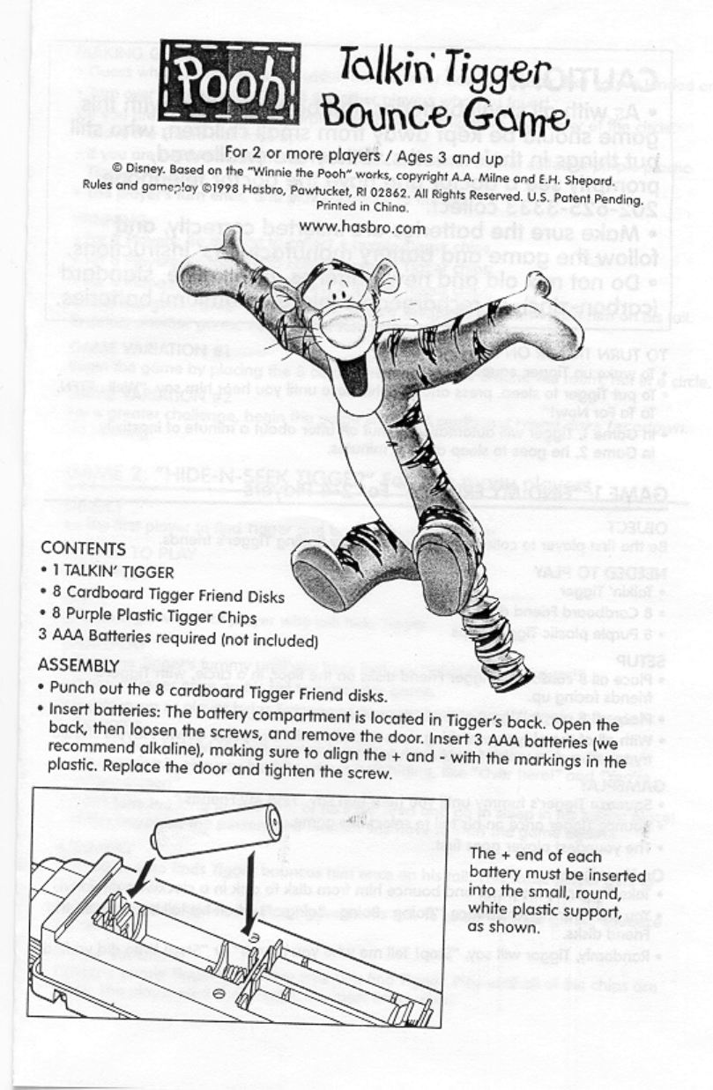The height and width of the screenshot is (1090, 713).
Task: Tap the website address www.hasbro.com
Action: [x=362, y=227]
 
